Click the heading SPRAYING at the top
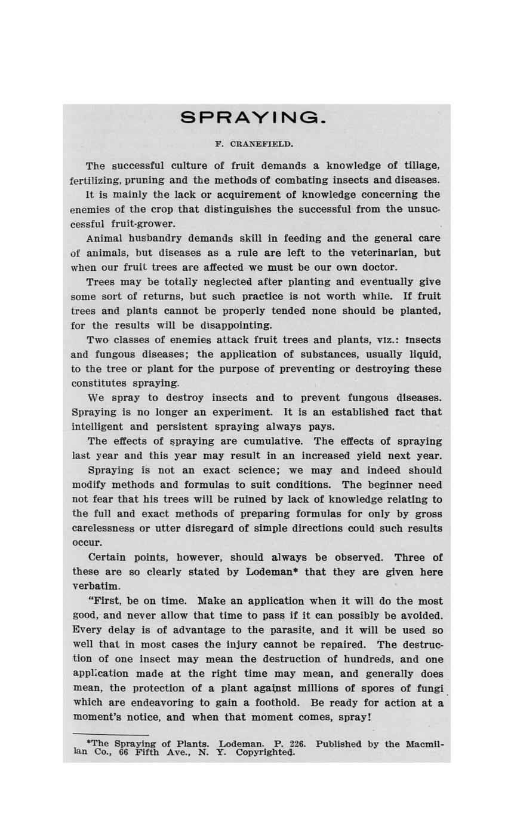point(253,117)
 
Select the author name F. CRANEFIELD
point(254,144)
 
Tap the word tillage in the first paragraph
point(422,166)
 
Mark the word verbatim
point(96,586)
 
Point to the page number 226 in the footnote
point(297,744)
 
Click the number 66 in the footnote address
point(124,752)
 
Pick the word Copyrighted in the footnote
point(265,752)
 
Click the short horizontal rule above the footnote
point(110,734)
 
